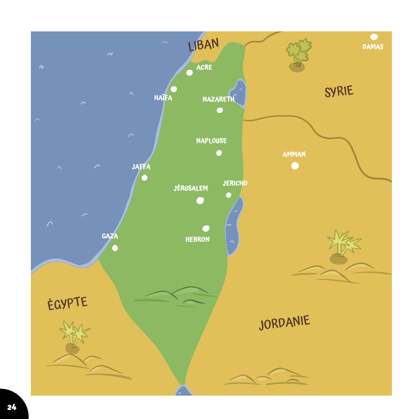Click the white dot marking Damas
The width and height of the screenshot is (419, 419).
tap(374, 37)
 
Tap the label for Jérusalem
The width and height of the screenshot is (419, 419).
tap(191, 188)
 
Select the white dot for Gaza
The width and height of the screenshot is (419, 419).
tap(115, 248)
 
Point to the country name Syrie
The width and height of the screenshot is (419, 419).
tap(339, 91)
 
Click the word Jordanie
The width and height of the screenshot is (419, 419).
tap(285, 323)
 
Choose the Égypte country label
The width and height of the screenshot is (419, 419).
tap(67, 303)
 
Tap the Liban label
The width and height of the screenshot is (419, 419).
tap(203, 45)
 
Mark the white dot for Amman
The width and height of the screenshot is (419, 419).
tap(295, 166)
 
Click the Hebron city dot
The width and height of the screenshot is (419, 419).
tap(206, 228)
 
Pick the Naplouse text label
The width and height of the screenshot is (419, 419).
tap(211, 141)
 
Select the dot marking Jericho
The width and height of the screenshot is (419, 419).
tap(229, 195)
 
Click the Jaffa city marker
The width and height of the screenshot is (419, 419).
tap(145, 178)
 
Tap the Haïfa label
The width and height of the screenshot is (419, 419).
tap(163, 98)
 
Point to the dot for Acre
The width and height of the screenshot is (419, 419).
tap(189, 73)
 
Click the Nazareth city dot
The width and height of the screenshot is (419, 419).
tap(220, 110)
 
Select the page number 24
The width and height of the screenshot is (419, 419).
tap(12, 407)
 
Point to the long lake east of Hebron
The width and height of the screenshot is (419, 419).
tap(234, 226)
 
